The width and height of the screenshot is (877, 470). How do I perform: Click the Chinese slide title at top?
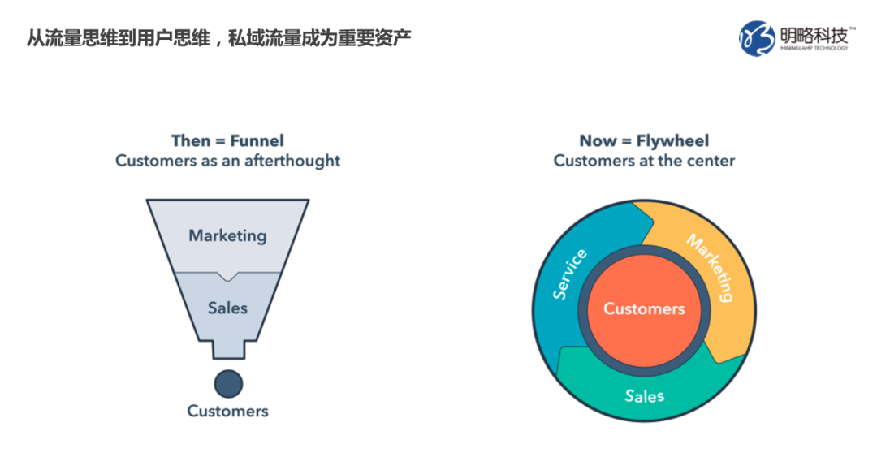[x=218, y=38]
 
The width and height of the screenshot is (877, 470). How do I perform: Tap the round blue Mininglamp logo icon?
[x=757, y=39]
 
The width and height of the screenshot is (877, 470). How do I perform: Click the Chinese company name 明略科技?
[x=814, y=35]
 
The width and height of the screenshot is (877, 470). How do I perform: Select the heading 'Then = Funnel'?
[x=227, y=140]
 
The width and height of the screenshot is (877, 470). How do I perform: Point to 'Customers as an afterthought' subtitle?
[x=227, y=161]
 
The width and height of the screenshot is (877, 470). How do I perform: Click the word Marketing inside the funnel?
[x=227, y=236]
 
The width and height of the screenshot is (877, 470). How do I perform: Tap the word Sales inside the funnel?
[x=227, y=308]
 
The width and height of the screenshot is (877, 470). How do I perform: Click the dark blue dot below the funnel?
[x=228, y=384]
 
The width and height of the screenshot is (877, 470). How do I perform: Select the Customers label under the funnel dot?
[x=227, y=412]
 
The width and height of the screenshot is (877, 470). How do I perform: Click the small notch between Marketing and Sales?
[x=227, y=276]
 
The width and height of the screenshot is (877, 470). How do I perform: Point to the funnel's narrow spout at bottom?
[x=228, y=349]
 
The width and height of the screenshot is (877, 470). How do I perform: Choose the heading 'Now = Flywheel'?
[x=644, y=140]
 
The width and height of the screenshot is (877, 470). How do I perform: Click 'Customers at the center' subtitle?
[x=644, y=161]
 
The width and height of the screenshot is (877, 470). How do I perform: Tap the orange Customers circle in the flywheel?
[x=644, y=310]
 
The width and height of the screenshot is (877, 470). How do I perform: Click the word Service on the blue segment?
[x=569, y=274]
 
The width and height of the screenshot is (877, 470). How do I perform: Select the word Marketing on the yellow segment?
[x=711, y=268]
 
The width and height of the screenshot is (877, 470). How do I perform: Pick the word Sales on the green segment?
[x=644, y=396]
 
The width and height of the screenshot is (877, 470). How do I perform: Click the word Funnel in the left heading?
[x=257, y=140]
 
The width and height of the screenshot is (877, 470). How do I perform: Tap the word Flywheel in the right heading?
[x=673, y=140]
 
